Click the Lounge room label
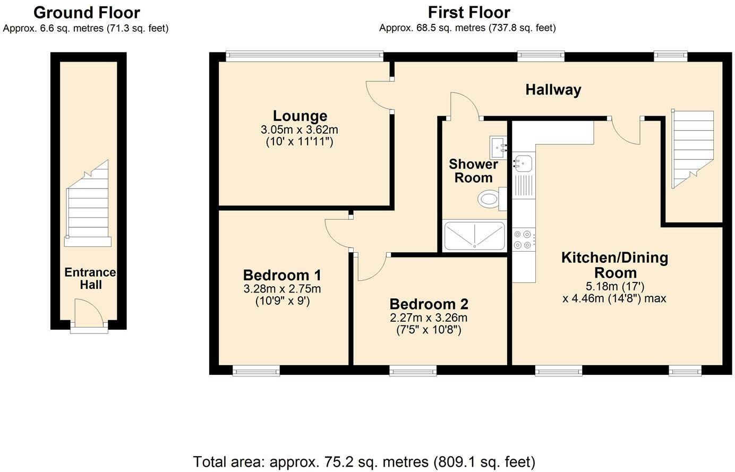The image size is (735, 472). (300, 116)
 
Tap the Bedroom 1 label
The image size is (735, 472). (282, 275)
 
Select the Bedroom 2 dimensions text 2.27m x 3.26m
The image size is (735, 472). (429, 318)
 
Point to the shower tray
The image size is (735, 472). (474, 236)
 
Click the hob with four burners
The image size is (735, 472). (523, 239)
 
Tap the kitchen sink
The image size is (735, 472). (524, 161)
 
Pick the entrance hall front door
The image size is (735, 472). (88, 314)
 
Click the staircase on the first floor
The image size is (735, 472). (693, 147)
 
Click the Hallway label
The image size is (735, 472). (553, 90)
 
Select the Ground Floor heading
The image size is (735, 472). (87, 12)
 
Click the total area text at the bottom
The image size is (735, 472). (364, 461)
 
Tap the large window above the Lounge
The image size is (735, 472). (304, 55)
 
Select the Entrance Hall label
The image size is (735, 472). (90, 278)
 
